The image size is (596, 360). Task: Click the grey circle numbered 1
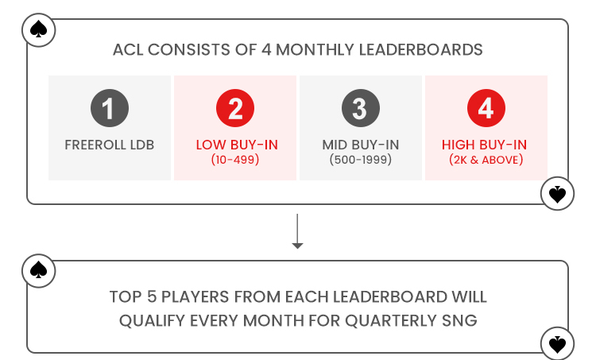tap(110, 108)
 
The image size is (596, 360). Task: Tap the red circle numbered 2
tap(235, 108)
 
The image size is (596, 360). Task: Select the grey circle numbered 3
tap(361, 108)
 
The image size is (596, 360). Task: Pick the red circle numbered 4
tap(486, 108)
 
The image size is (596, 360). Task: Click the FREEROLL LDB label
tap(110, 145)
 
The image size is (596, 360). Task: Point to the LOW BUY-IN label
tap(237, 145)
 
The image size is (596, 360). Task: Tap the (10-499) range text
tap(235, 160)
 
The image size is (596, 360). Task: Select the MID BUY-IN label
tap(361, 145)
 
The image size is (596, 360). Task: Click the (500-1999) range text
tap(361, 160)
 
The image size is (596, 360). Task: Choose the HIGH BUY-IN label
tap(484, 145)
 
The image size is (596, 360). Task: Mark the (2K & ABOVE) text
tap(486, 160)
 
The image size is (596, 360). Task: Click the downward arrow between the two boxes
tap(297, 231)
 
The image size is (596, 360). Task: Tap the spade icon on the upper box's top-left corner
tap(38, 30)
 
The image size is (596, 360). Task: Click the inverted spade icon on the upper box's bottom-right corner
tap(557, 193)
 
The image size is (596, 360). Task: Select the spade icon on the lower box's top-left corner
tap(38, 271)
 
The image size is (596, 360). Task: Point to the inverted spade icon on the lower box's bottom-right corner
tap(557, 343)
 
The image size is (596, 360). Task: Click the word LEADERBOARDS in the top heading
tap(420, 50)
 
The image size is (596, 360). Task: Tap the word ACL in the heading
tap(128, 50)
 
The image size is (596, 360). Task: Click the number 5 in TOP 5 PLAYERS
tap(152, 297)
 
